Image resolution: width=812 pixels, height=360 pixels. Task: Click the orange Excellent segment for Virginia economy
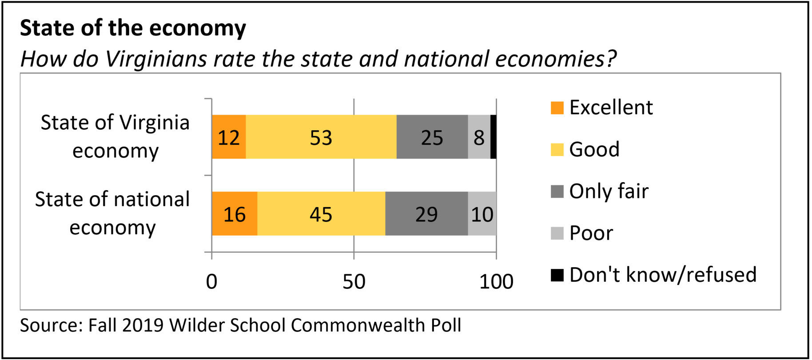(229, 137)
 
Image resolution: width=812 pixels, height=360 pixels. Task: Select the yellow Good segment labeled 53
(321, 137)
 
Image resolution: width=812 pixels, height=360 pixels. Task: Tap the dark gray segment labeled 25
(432, 137)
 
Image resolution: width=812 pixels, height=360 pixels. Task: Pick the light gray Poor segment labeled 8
(479, 137)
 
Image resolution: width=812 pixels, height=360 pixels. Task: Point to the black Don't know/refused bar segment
(494, 137)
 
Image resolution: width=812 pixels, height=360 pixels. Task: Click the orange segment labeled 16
(234, 214)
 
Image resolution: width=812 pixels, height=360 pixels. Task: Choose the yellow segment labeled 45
(321, 214)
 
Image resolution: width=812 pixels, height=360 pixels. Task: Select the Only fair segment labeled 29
(426, 214)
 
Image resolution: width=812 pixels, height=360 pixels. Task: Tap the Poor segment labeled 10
(482, 214)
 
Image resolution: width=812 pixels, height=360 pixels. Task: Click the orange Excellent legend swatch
(557, 108)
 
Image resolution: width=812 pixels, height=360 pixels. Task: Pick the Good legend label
(594, 149)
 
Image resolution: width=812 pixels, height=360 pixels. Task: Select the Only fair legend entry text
(609, 191)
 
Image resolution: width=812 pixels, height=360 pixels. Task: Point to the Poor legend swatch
(557, 233)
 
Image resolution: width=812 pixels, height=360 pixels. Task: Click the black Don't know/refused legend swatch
(557, 275)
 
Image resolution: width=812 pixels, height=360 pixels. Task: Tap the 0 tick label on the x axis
(212, 282)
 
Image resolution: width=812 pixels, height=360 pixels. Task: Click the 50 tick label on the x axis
(354, 282)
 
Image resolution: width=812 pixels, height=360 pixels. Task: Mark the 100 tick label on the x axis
(496, 282)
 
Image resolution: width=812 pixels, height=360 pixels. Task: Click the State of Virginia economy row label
(115, 136)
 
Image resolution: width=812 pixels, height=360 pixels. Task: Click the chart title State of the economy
(133, 28)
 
